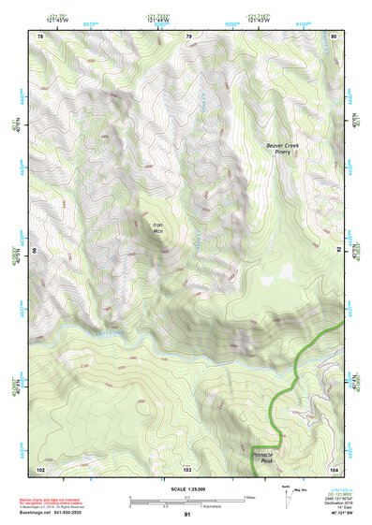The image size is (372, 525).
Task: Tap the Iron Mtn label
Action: (158, 228)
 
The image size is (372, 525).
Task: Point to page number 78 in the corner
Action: (39, 36)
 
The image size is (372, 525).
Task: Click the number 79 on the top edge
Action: (188, 36)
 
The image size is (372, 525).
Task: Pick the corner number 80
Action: (335, 36)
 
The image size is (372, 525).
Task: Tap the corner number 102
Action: (40, 468)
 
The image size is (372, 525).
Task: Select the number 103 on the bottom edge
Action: (187, 468)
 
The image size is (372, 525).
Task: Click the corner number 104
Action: (334, 468)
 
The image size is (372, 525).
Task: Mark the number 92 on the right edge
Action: (338, 251)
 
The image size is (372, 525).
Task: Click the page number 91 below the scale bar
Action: (187, 514)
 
